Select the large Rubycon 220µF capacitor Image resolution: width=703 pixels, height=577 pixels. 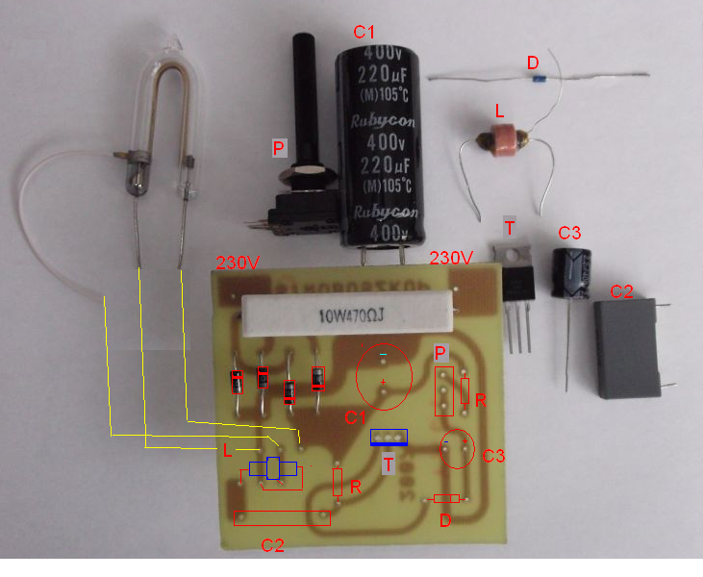pos(373,144)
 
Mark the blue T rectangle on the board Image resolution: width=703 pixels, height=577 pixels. pos(389,438)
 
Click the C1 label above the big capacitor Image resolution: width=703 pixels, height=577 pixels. pos(364,33)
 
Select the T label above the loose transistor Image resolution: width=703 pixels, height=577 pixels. pos(510,227)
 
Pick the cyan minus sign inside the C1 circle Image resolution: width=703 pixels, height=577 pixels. pos(383,356)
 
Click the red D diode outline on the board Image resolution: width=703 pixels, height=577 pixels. pos(446,498)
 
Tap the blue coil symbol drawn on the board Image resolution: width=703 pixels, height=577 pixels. pos(275,469)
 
